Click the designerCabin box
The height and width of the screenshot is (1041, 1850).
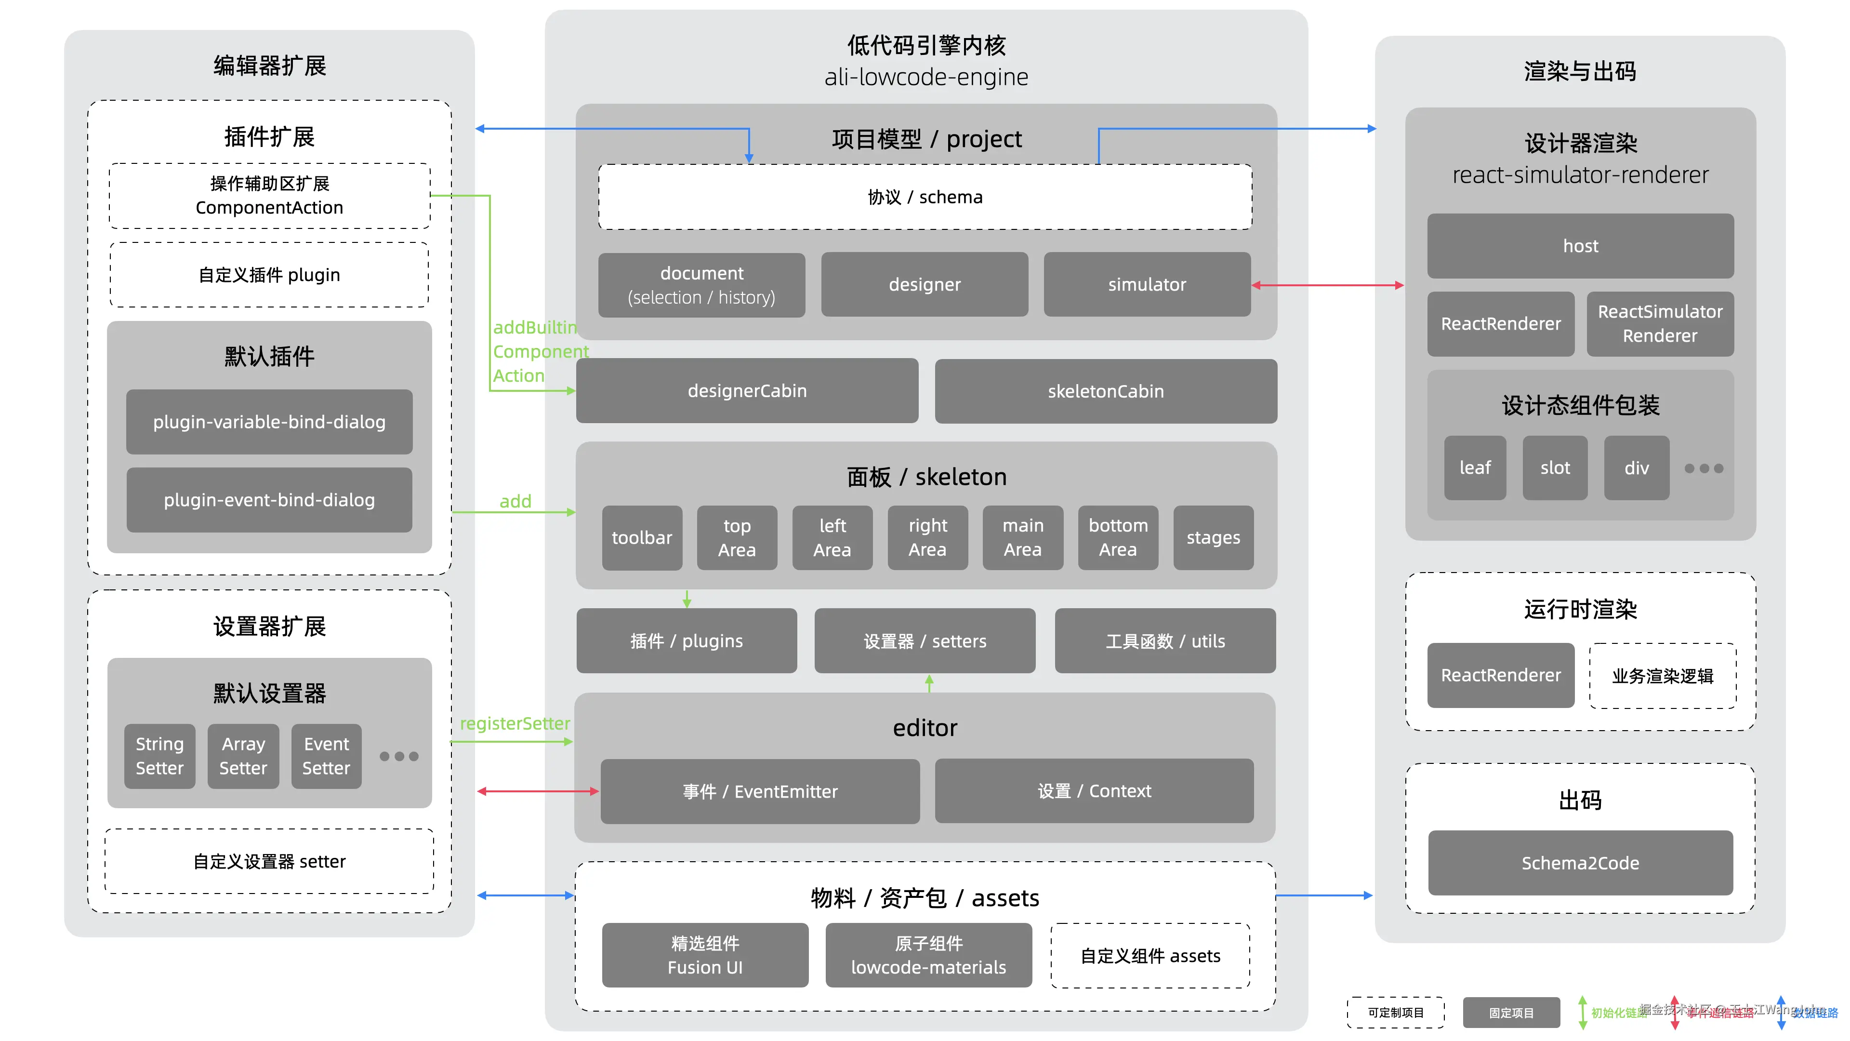[x=747, y=391]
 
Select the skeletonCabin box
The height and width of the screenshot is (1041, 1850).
[x=1105, y=391]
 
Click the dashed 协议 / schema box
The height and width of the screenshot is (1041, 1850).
[x=925, y=197]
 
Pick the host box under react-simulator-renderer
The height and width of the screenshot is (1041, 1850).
[x=1580, y=246]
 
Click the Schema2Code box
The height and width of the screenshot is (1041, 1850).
[x=1580, y=863]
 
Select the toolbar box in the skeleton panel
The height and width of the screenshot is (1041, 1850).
[x=641, y=537]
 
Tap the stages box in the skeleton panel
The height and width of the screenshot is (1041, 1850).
[x=1213, y=537]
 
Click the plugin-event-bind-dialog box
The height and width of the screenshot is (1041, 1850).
[x=269, y=500]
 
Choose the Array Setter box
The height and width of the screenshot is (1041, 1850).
[x=243, y=756]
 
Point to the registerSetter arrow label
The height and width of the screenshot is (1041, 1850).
[x=515, y=723]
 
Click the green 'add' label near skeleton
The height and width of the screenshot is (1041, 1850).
[x=515, y=501]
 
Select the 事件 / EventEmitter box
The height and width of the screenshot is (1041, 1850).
[x=760, y=791]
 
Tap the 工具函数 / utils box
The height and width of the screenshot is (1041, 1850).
[x=1165, y=641]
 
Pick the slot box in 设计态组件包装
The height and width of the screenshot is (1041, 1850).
[x=1555, y=467]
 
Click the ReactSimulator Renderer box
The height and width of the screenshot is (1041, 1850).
[x=1660, y=323]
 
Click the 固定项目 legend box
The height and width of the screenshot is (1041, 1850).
[x=1511, y=1012]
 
